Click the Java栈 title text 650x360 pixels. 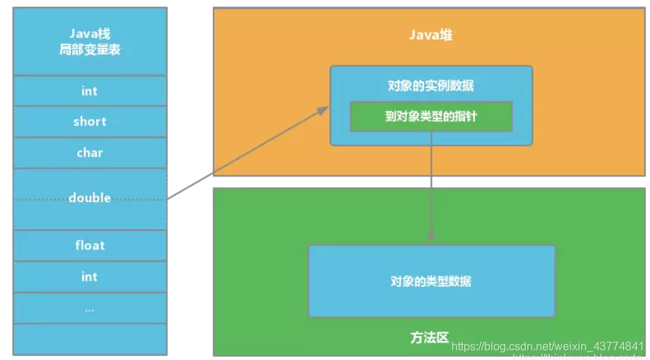89,34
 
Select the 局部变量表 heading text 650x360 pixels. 89,50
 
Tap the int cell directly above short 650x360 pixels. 89,91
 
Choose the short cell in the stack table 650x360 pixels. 89,121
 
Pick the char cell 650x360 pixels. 89,152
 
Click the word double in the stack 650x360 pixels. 89,198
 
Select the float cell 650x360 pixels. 89,245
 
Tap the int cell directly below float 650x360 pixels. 89,276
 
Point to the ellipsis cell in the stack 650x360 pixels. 89,309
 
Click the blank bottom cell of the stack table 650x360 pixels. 89,339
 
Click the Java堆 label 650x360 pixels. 430,35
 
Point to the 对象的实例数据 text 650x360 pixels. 430,86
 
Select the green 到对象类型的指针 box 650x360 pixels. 430,116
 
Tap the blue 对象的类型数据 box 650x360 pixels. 430,281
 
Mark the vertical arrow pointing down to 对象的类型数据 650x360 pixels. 430,191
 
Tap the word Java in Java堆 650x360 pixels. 422,35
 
